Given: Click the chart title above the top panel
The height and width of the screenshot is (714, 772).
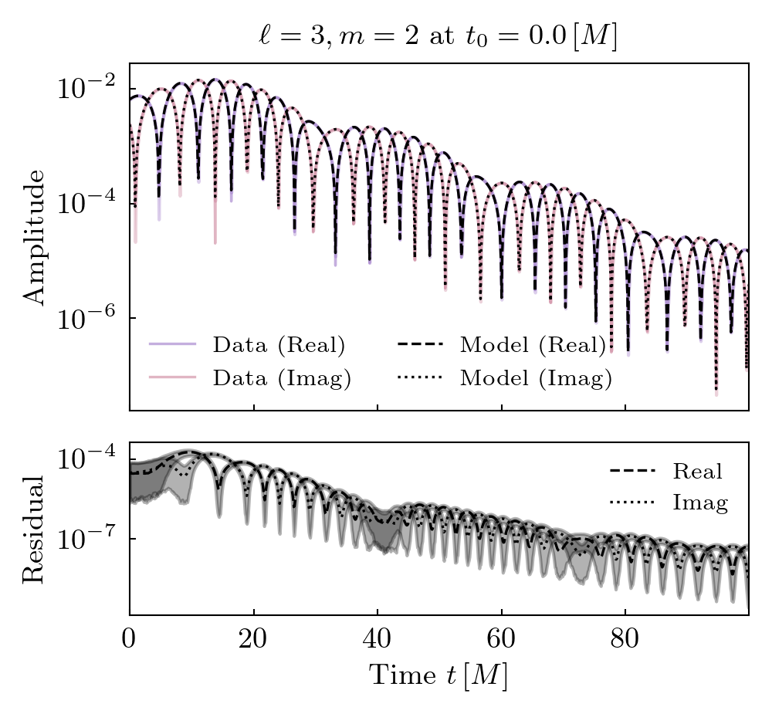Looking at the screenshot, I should pos(438,37).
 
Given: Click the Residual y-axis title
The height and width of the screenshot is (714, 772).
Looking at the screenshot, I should pos(34,529).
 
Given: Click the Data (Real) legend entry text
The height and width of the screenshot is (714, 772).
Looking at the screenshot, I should pos(279,345).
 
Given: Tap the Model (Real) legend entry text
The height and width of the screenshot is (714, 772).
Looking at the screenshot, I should pos(533,345).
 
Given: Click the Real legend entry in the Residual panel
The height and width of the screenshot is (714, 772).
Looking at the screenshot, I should pos(697,471).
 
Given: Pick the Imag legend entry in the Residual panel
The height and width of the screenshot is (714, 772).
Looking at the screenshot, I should pos(700,503).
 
